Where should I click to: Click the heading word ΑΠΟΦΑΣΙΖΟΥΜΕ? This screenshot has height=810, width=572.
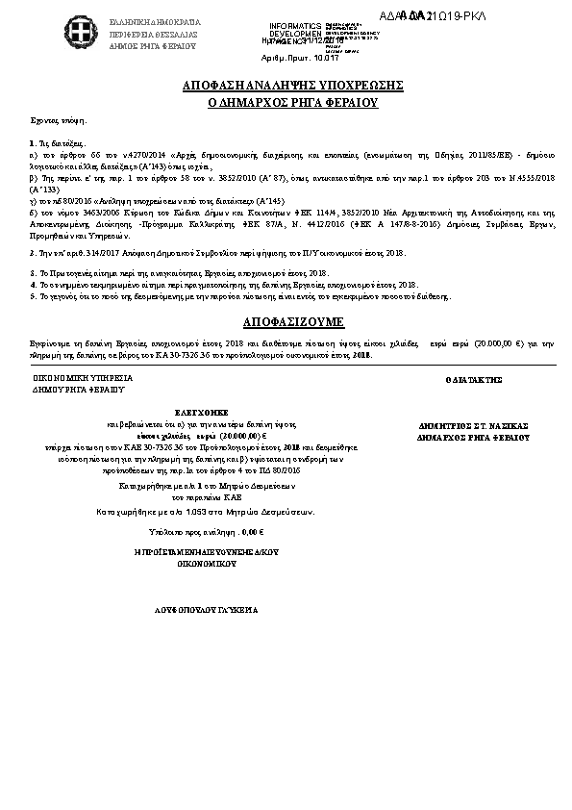click(x=286, y=321)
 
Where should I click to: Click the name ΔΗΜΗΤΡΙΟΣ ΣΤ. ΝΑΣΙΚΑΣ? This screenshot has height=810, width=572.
click(x=474, y=424)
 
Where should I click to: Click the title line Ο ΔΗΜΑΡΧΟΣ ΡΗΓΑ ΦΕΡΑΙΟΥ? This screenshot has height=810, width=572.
click(x=286, y=102)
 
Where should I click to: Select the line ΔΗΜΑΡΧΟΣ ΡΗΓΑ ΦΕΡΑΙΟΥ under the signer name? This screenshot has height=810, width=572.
click(x=474, y=437)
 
